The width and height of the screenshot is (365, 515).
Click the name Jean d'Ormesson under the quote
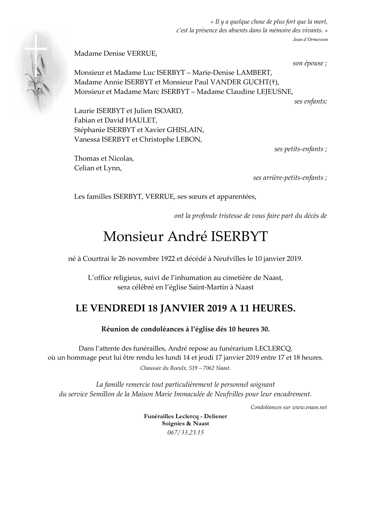click(x=310, y=39)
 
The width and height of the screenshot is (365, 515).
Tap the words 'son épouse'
click(x=309, y=63)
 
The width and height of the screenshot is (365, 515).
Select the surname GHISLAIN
click(x=185, y=130)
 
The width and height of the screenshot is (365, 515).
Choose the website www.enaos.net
click(x=309, y=407)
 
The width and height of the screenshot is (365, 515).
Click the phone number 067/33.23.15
click(x=185, y=433)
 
